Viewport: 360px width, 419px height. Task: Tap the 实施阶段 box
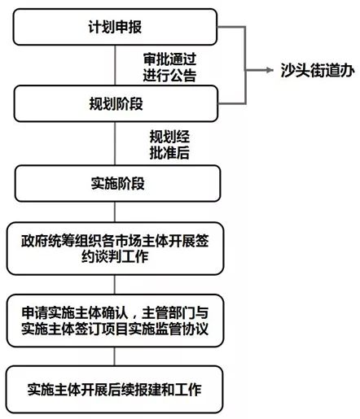click(x=114, y=183)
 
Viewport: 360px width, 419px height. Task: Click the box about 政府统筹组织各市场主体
click(x=114, y=250)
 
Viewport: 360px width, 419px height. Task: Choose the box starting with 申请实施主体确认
click(x=114, y=320)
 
